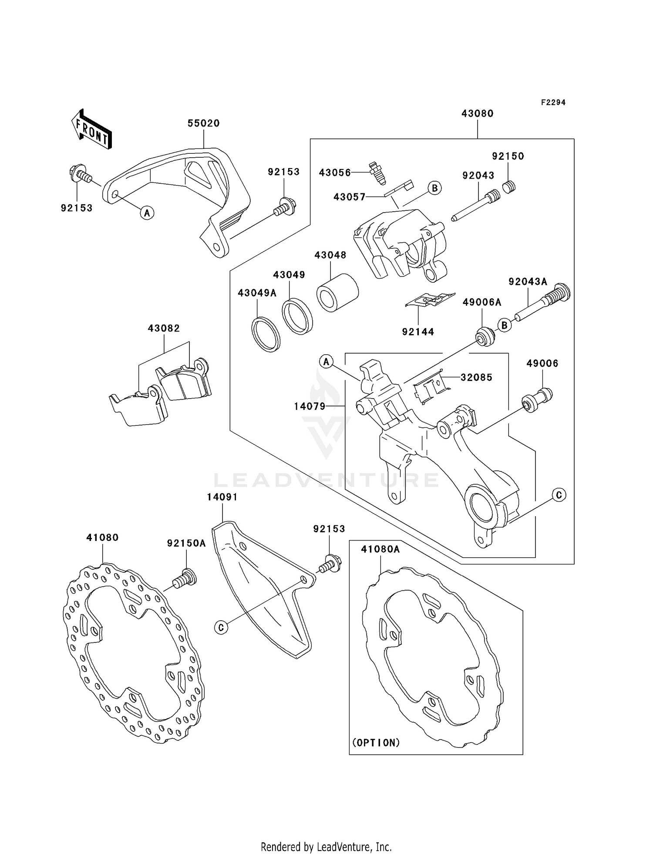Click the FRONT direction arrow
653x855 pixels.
[x=91, y=129]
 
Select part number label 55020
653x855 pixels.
[x=203, y=123]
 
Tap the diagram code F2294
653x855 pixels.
[x=553, y=102]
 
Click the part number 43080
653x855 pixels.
[x=477, y=114]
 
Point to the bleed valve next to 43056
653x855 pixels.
[x=374, y=172]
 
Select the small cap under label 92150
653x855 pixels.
[x=509, y=187]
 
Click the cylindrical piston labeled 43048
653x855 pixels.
[x=337, y=292]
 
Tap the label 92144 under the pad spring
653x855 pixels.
[x=418, y=332]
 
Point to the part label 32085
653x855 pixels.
[x=476, y=377]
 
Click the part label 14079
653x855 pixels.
[x=310, y=406]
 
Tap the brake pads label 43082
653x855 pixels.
[x=164, y=328]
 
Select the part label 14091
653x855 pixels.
[x=222, y=497]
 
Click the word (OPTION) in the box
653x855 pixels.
[x=376, y=743]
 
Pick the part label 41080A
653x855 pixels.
[x=380, y=549]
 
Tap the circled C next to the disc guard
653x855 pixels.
[x=221, y=627]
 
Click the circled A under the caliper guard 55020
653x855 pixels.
[x=147, y=213]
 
